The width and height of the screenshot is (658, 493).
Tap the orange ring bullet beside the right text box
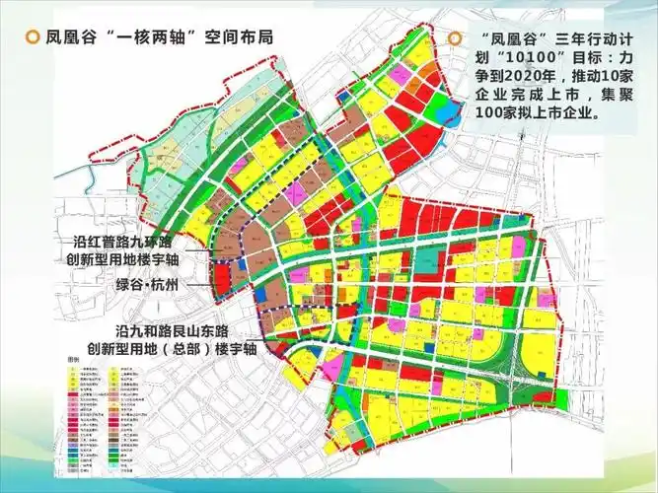click(455, 38)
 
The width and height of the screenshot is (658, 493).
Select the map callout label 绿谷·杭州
click(150, 287)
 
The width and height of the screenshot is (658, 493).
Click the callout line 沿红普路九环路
click(144, 241)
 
